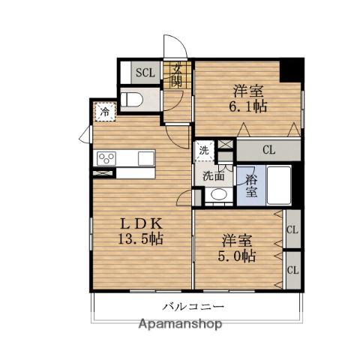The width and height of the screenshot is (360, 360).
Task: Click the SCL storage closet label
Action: click(x=145, y=73)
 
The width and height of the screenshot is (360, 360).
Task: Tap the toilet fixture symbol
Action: click(x=131, y=100)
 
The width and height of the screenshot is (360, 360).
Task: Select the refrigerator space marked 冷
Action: click(x=105, y=112)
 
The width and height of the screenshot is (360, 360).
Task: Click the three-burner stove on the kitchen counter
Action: click(x=106, y=158)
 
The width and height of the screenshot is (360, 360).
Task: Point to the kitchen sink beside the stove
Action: click(x=146, y=158)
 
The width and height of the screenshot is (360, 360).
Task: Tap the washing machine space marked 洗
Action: click(x=204, y=151)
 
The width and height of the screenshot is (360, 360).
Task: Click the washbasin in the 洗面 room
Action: click(x=219, y=194)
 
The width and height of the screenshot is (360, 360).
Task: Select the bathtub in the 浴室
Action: click(x=279, y=185)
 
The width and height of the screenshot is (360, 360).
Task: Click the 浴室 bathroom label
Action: click(x=251, y=185)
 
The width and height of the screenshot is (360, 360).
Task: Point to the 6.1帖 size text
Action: click(x=248, y=106)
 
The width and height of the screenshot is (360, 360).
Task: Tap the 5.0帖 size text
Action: click(x=236, y=256)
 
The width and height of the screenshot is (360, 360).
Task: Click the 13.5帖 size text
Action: click(x=140, y=238)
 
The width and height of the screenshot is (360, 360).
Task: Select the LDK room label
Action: click(x=142, y=223)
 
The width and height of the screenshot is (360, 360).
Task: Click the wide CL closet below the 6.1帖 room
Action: click(x=268, y=150)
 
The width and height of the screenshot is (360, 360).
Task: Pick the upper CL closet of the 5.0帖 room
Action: click(x=293, y=229)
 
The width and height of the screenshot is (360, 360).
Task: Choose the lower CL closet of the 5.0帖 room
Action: click(x=293, y=270)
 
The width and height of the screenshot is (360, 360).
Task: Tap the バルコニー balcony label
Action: click(x=193, y=306)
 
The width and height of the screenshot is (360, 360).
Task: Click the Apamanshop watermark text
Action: click(x=180, y=324)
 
